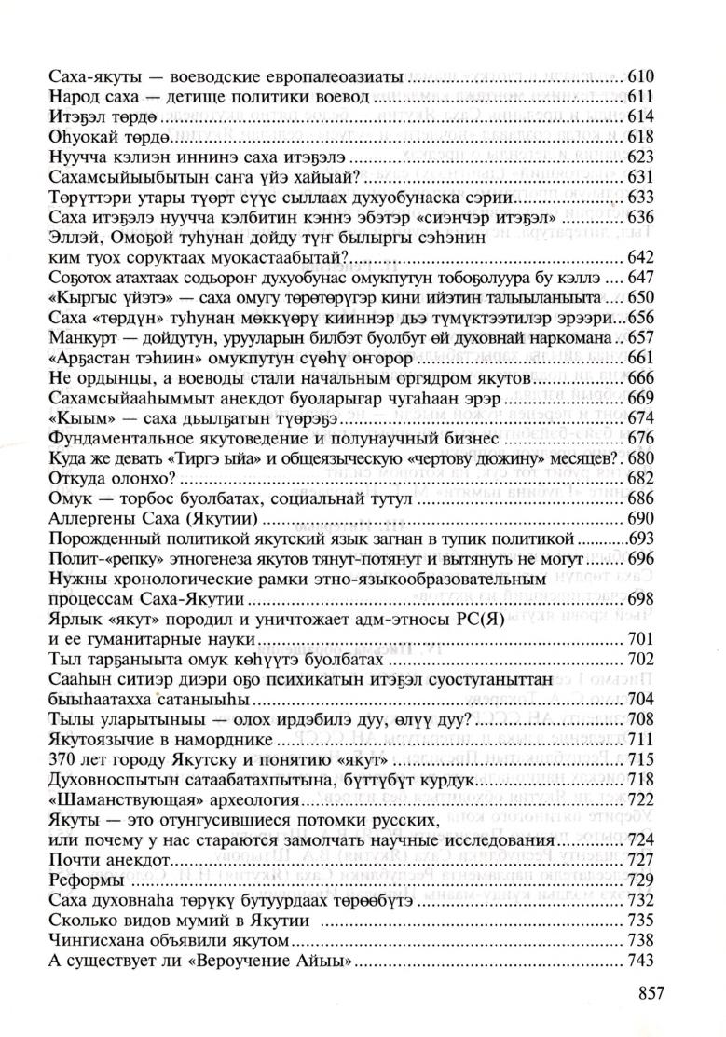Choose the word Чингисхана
coord(89,938)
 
